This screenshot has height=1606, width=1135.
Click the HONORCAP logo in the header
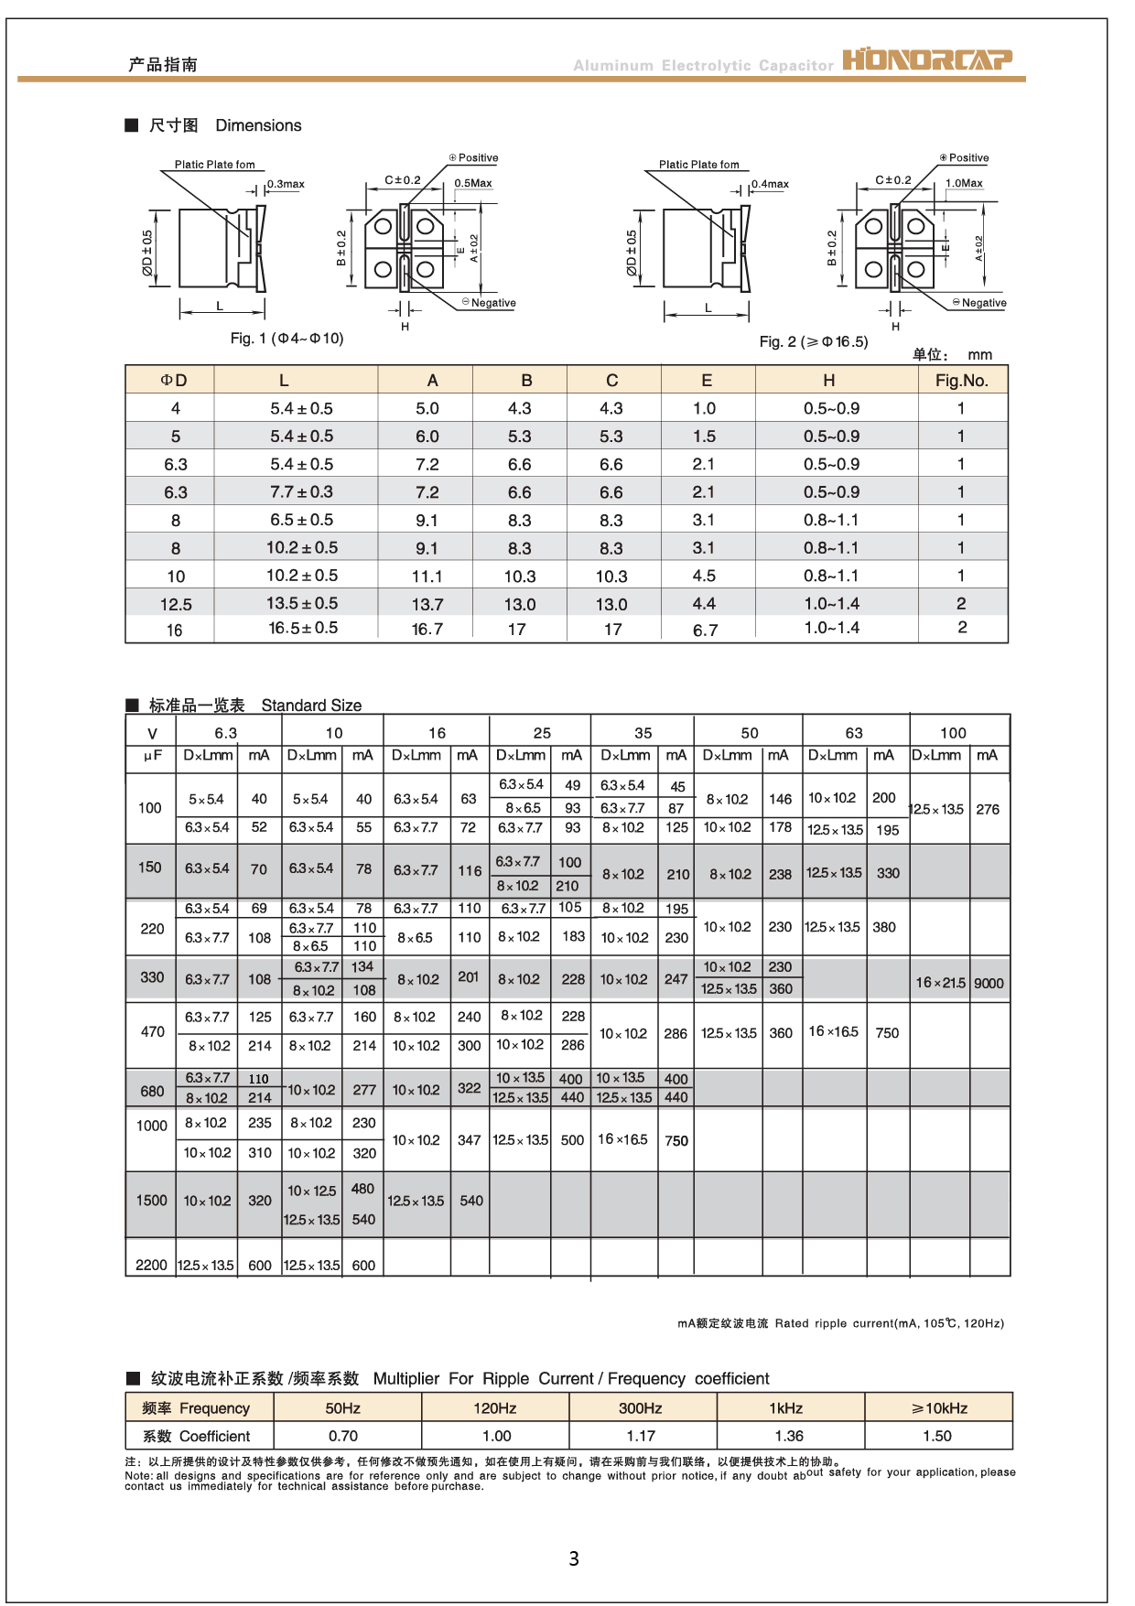point(926,60)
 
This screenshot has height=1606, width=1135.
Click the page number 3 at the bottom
point(574,1557)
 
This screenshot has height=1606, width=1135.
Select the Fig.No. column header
point(961,381)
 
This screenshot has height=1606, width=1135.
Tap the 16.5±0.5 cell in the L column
point(303,628)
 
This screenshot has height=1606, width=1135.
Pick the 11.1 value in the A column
point(427,577)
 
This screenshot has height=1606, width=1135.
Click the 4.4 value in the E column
point(704,604)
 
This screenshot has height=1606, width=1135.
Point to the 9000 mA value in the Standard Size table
point(989,983)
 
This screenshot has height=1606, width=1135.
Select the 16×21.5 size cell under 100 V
point(940,983)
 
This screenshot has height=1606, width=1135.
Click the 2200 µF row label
point(151,1265)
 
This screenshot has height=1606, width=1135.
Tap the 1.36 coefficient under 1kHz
point(789,1436)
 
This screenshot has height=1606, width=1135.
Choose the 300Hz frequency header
point(640,1408)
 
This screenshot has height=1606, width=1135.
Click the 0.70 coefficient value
point(343,1436)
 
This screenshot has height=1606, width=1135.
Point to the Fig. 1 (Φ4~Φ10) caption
point(286,339)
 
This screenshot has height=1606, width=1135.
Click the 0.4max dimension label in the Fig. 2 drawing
point(770,184)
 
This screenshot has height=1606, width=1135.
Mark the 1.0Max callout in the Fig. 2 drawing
point(964,183)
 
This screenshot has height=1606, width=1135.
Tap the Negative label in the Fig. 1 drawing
point(492,303)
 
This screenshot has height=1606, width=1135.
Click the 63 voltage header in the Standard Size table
point(854,733)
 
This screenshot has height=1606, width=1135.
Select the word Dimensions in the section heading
point(258,125)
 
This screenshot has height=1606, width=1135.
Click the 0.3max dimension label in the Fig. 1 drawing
point(286,184)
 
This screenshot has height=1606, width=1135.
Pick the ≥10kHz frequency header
point(939,1408)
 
